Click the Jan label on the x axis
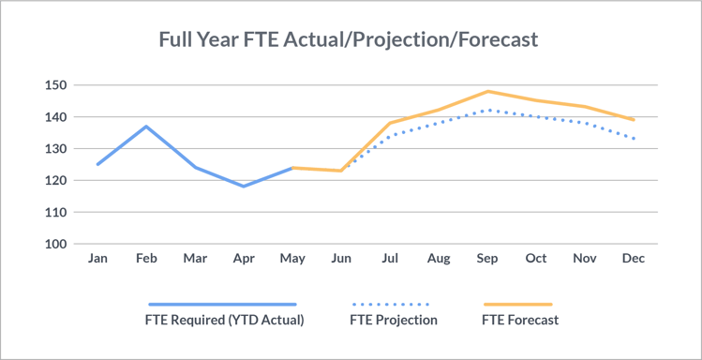pyautogui.click(x=97, y=258)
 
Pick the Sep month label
pyautogui.click(x=487, y=258)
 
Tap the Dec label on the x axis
pyautogui.click(x=634, y=258)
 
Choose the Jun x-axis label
pyautogui.click(x=340, y=258)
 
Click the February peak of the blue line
pyautogui.click(x=146, y=127)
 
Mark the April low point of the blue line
pyautogui.click(x=244, y=186)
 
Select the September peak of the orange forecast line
pyautogui.click(x=487, y=91)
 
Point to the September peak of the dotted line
pyautogui.click(x=487, y=110)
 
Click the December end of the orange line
pyautogui.click(x=634, y=120)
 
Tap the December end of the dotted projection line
pyautogui.click(x=634, y=139)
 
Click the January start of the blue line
pyautogui.click(x=97, y=164)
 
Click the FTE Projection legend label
pyautogui.click(x=393, y=321)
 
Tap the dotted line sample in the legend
pyautogui.click(x=391, y=305)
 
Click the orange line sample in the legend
pyautogui.click(x=518, y=305)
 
